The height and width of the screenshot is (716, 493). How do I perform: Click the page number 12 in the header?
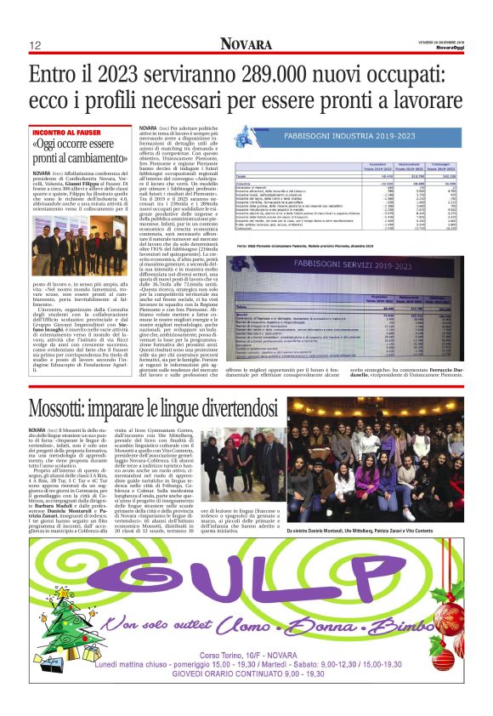pyautogui.click(x=36, y=45)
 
